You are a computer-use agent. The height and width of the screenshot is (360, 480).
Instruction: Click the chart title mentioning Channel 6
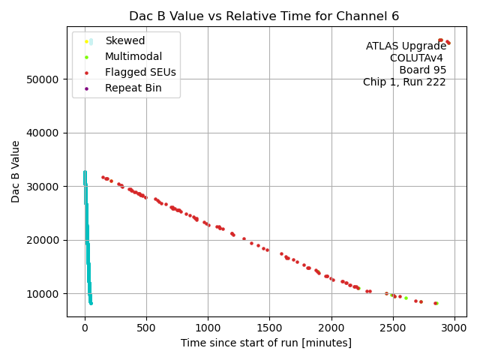264,16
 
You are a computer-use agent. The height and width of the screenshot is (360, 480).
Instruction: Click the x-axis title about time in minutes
265,343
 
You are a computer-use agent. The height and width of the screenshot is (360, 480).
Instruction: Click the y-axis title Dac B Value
16,171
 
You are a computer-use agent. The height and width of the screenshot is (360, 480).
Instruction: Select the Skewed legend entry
124,40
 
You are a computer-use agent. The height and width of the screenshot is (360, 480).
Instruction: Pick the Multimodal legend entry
133,56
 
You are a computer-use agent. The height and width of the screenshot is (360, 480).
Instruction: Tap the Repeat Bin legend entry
132,88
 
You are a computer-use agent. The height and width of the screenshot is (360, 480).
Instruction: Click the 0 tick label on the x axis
85,327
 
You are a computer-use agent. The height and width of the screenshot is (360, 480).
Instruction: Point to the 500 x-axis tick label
146,327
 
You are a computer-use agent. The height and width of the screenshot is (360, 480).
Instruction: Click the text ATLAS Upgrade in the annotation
406,46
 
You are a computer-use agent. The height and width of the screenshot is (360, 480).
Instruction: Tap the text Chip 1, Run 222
404,82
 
